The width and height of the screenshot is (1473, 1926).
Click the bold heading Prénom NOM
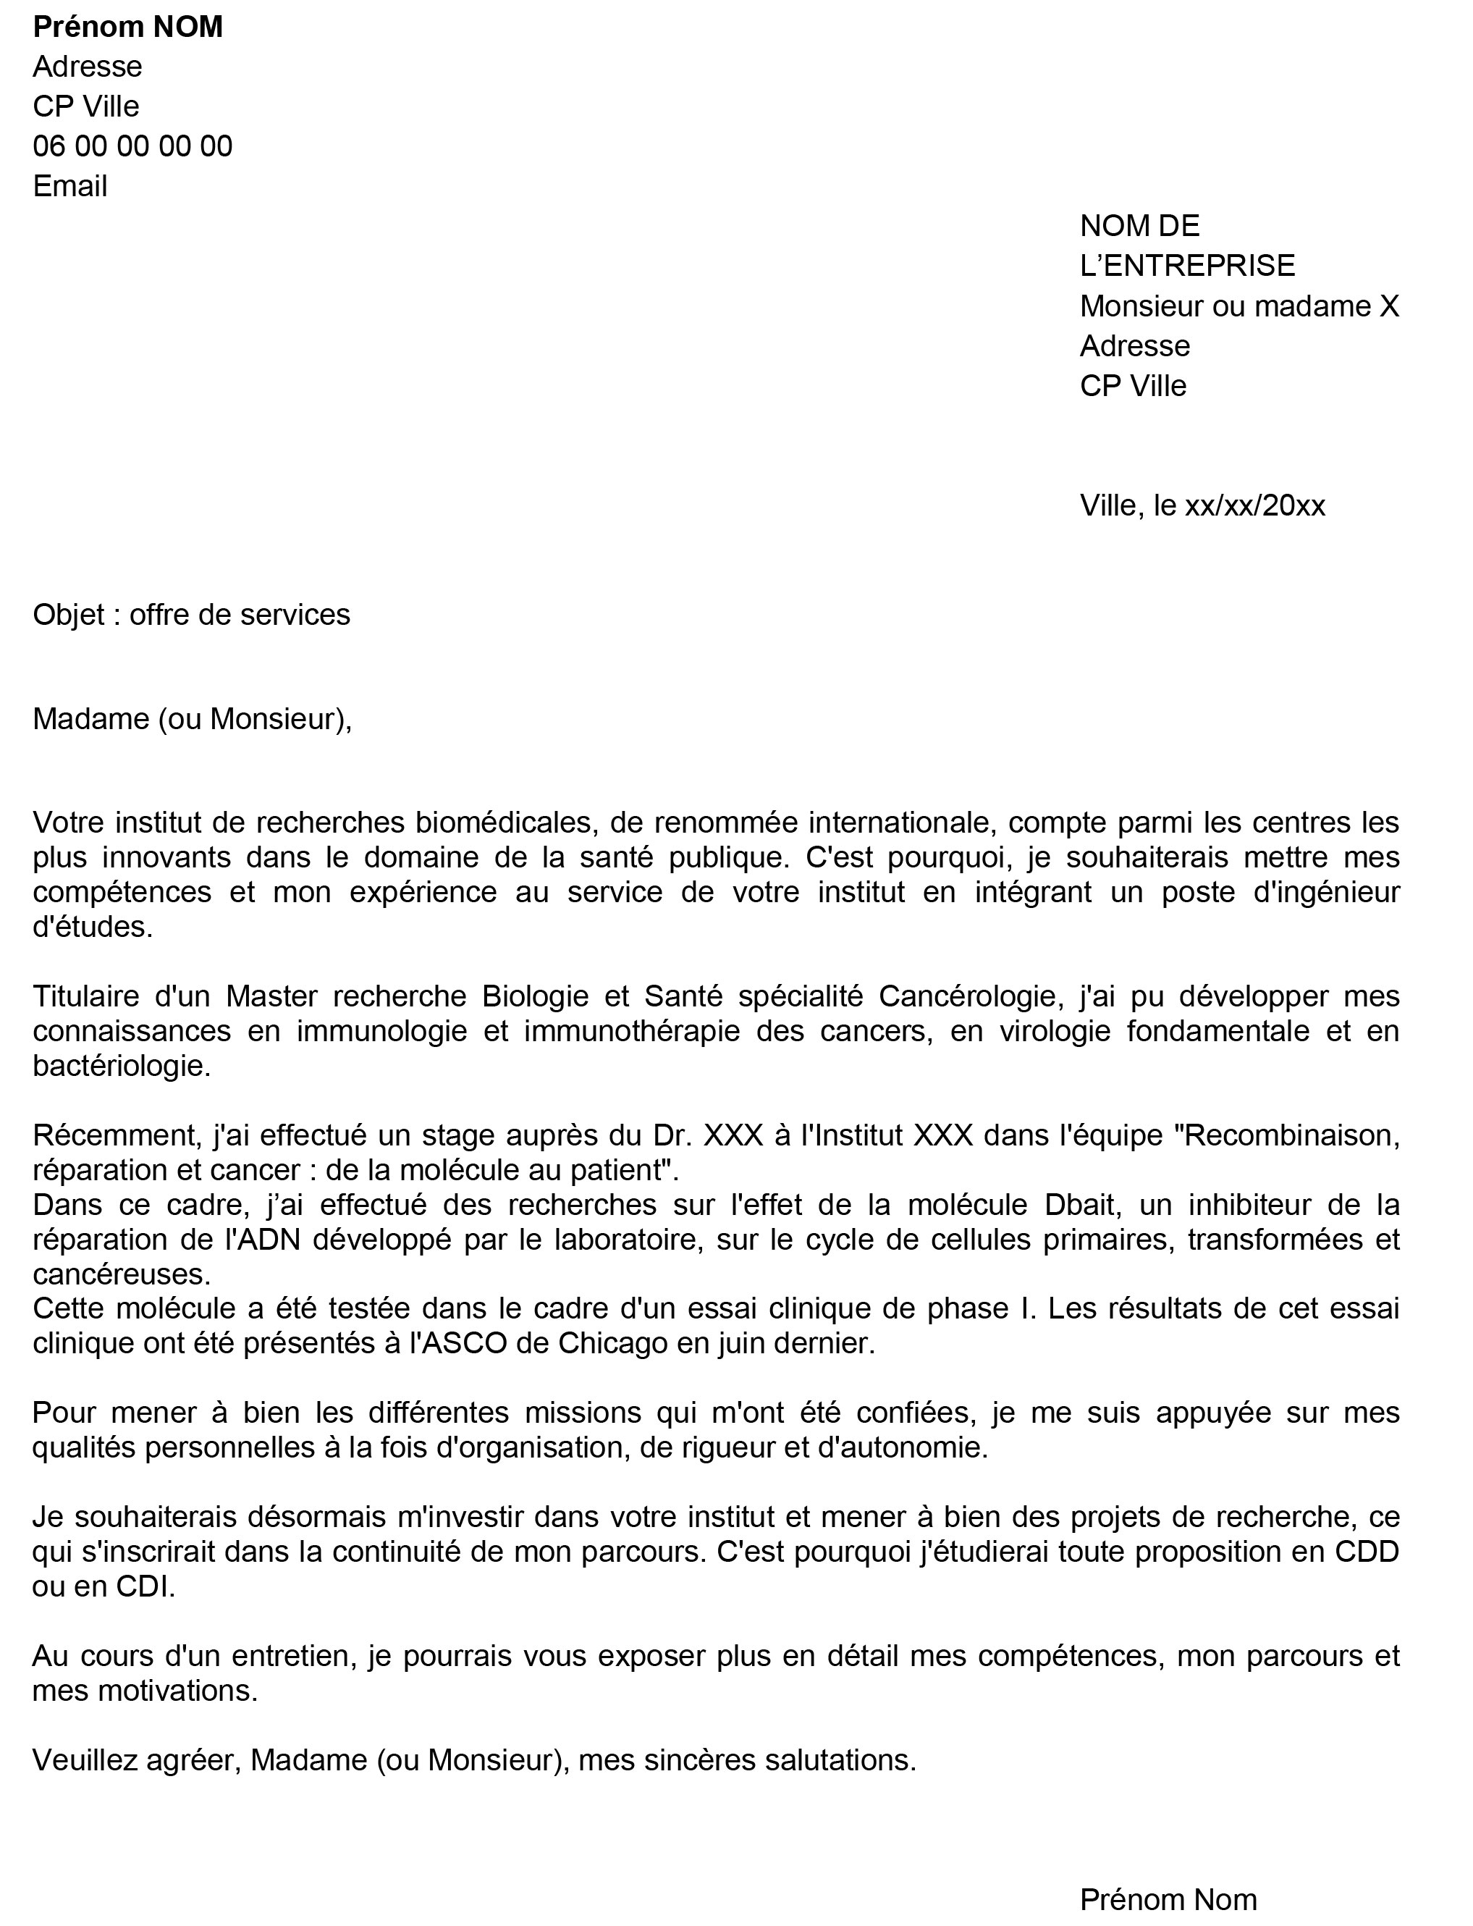tap(128, 28)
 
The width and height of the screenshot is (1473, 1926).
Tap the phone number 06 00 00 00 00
tap(132, 146)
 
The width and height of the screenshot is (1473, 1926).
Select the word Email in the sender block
tap(70, 187)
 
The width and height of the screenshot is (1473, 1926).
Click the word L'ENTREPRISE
tap(1187, 266)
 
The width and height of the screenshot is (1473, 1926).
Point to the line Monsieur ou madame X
tap(1239, 306)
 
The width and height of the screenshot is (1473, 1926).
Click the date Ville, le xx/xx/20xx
tap(1202, 506)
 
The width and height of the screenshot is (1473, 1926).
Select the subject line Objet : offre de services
tap(191, 615)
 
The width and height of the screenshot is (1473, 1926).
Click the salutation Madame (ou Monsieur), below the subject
tap(192, 719)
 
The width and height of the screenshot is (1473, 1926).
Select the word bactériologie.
tap(122, 1067)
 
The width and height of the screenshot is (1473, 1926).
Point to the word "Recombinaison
tap(1286, 1136)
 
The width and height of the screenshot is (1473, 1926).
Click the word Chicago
tap(614, 1344)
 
